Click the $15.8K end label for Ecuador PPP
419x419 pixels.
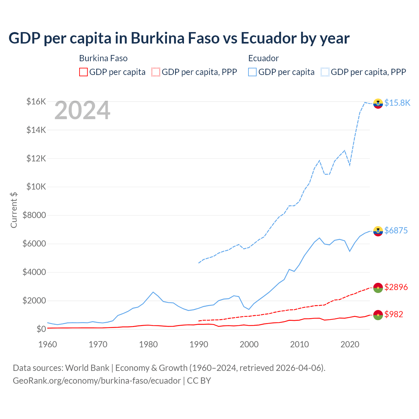point(397,103)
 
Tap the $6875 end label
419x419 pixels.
point(396,230)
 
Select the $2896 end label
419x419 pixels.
point(396,287)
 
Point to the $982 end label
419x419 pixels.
point(393,314)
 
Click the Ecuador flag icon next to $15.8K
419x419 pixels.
point(378,103)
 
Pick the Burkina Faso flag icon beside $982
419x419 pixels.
point(378,315)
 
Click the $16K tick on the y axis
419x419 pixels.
point(36,101)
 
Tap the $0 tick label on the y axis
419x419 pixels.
point(41,329)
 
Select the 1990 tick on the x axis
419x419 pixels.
point(199,344)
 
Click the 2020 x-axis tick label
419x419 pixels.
point(350,344)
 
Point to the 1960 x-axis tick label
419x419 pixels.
point(48,344)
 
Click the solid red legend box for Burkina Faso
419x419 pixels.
point(83,72)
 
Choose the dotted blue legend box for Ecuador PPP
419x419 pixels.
point(325,72)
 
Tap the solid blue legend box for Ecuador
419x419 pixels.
point(252,72)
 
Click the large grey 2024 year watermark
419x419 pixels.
point(82,111)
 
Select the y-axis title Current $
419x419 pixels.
point(14,210)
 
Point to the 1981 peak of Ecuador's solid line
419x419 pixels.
point(153,292)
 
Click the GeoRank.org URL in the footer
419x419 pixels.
point(97,381)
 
